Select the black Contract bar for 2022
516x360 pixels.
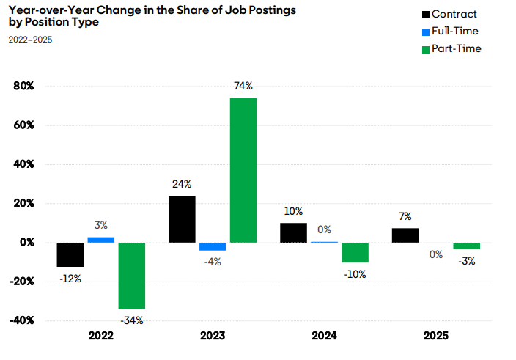pos(70,254)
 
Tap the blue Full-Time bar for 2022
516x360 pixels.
pos(101,240)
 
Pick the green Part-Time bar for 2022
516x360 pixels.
pos(132,276)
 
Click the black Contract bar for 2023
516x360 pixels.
pos(182,219)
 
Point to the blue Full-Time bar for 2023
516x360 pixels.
pos(213,246)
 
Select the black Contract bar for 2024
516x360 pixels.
pos(293,232)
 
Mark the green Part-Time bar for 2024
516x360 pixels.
pos(355,252)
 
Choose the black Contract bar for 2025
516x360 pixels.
pos(405,235)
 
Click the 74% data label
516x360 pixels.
pos(243,87)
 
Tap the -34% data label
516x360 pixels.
pos(132,320)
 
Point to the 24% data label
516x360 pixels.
pos(182,184)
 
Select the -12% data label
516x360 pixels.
pos(70,279)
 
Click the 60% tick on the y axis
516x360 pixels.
pos(23,125)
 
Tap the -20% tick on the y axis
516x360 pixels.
pos(22,282)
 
